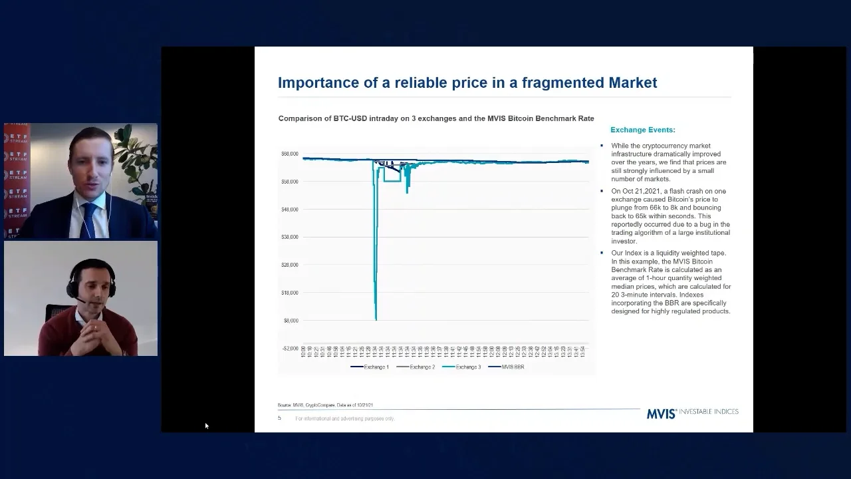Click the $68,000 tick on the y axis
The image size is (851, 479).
289,154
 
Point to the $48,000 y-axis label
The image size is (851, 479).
289,210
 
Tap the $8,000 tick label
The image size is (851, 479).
291,321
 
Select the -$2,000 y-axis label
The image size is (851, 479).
291,348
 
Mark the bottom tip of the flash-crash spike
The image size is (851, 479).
376,320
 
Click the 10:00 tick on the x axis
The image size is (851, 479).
303,352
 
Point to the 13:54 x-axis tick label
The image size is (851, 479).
584,352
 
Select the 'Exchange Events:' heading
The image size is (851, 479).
642,130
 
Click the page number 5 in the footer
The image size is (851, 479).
279,418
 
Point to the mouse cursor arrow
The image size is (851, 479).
206,425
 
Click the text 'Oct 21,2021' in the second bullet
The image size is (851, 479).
638,191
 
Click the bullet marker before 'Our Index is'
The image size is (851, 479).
602,253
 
